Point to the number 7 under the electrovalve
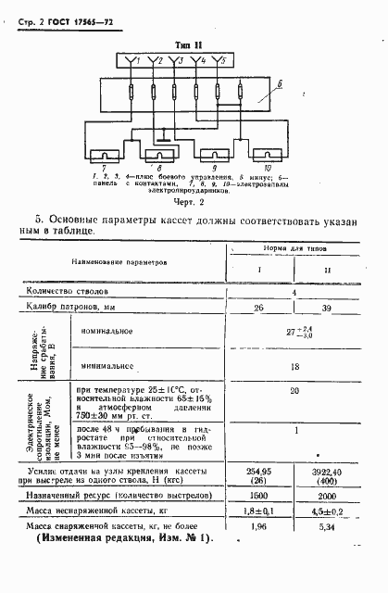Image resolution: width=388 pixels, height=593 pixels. [x=102, y=170]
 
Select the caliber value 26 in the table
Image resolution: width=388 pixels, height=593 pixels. [x=258, y=308]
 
